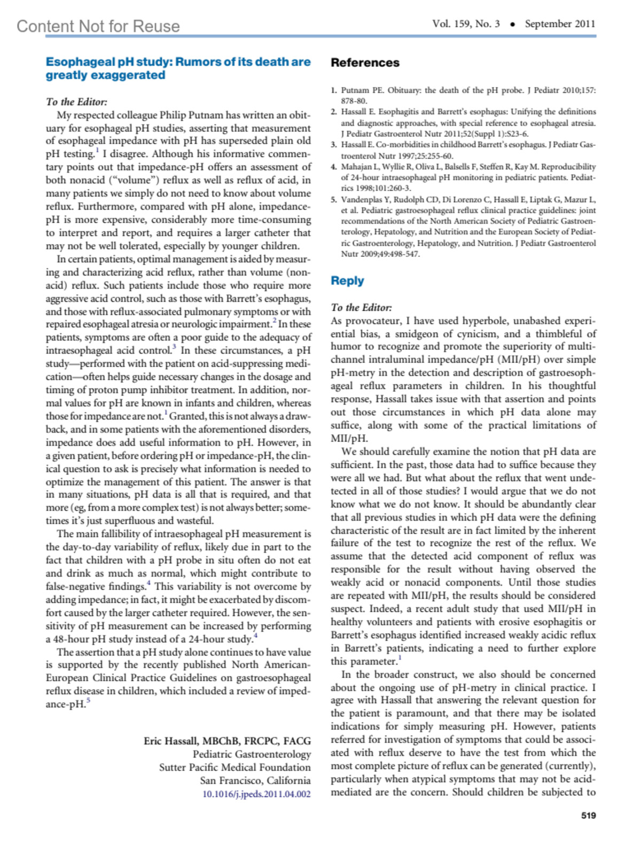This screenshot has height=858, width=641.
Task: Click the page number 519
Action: click(588, 815)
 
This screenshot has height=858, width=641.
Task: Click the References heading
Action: click(365, 62)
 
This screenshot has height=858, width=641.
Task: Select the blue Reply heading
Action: click(347, 281)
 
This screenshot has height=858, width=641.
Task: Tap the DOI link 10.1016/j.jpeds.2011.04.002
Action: click(256, 794)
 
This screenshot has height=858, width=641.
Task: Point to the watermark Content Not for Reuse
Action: click(98, 26)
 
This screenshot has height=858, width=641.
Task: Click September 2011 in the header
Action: click(560, 23)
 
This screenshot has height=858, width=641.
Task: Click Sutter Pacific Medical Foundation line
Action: click(234, 767)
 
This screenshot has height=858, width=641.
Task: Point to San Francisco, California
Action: click(255, 781)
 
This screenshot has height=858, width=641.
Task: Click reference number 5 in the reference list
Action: click(333, 200)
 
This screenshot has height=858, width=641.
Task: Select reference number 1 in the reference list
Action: click(333, 90)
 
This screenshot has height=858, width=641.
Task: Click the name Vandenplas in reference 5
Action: click(363, 200)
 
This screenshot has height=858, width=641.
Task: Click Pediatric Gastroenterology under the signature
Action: click(252, 754)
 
